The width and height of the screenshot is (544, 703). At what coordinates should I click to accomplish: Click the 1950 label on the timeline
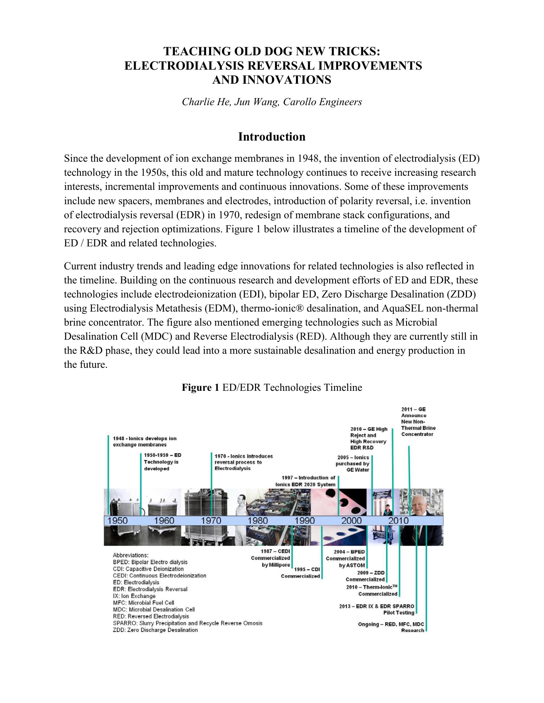point(117,521)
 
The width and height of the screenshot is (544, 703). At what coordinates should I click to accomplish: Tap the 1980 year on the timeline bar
point(258,521)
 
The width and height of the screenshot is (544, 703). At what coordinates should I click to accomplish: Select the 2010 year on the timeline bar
point(398,521)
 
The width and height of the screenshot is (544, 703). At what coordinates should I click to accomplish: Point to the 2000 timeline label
point(351,521)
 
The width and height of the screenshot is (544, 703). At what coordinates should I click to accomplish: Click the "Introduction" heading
point(272,137)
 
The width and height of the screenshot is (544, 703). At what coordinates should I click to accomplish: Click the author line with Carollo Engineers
point(272,102)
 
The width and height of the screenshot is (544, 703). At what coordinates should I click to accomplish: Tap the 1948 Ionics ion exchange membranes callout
point(144,441)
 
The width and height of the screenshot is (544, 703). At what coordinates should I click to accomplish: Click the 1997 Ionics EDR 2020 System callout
point(305,481)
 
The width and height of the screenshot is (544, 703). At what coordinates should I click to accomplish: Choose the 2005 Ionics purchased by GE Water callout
point(353,464)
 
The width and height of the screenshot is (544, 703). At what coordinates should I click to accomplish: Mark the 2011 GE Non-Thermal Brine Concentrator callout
point(418,422)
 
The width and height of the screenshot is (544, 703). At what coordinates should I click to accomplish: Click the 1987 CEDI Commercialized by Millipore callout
point(270,559)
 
